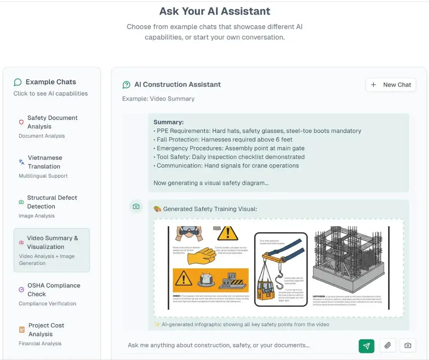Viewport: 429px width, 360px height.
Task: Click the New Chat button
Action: pyautogui.click(x=391, y=85)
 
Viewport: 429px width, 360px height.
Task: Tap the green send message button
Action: pyautogui.click(x=366, y=346)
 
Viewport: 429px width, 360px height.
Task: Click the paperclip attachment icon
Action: pyautogui.click(x=388, y=346)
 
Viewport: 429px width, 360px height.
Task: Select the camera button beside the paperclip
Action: pyautogui.click(x=407, y=346)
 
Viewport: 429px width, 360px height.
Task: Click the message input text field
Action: pyautogui.click(x=238, y=345)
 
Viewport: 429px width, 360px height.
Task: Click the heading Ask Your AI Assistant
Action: pyautogui.click(x=215, y=11)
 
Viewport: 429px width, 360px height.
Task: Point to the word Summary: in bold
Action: pyautogui.click(x=169, y=122)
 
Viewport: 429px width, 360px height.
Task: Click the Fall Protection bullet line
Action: pyautogui.click(x=224, y=139)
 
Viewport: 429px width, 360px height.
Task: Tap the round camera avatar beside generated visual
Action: pyautogui.click(x=136, y=206)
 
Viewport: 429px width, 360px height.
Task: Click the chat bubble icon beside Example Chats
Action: pyautogui.click(x=18, y=82)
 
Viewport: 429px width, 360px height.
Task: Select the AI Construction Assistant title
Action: pyautogui.click(x=177, y=85)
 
